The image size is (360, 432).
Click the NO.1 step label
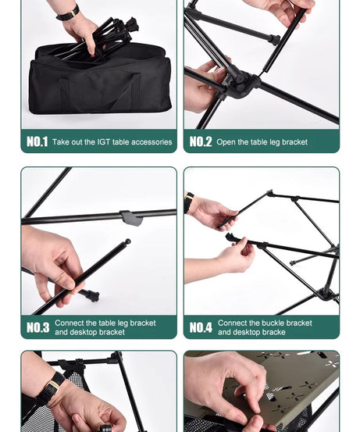(37, 141)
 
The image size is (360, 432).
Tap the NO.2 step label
(201, 141)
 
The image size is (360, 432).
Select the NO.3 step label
(38, 327)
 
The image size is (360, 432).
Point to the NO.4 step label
(201, 327)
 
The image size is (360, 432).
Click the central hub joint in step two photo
(240, 83)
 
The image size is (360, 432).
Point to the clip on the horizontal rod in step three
(131, 218)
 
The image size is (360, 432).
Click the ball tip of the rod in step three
(127, 241)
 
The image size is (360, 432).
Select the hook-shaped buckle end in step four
(230, 237)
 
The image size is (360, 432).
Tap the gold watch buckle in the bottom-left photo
(54, 385)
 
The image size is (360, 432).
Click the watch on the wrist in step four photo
(189, 202)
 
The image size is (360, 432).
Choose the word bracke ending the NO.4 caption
(273, 332)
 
